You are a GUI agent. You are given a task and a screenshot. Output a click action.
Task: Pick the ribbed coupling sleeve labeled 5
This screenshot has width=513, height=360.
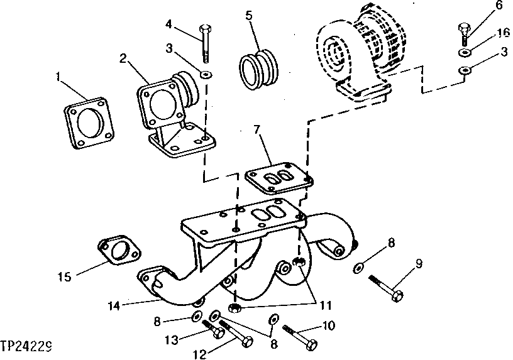click(x=258, y=65)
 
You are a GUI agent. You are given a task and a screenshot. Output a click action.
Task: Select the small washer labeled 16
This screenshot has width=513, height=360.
click(x=464, y=52)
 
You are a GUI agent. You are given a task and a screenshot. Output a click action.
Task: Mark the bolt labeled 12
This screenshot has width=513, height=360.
click(x=236, y=333)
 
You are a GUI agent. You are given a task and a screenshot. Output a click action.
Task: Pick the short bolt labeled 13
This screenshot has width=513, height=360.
click(x=212, y=329)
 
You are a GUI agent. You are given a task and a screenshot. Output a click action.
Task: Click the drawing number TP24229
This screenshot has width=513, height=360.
click(x=26, y=346)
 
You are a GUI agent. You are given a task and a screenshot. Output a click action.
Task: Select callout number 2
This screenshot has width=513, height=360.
click(x=123, y=60)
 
